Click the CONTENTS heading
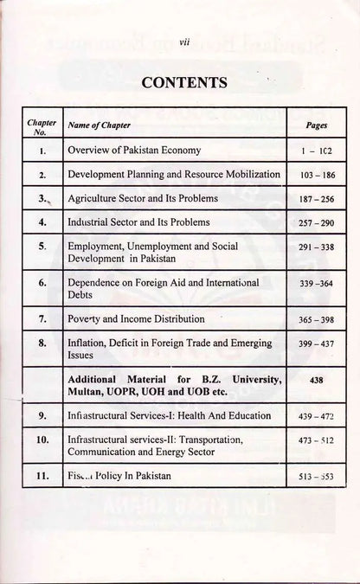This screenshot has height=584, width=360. pos(178,83)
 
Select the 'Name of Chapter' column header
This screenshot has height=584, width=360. pos(95,126)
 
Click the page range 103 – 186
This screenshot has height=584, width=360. pos(316,175)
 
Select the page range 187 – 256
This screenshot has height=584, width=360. pos(316,199)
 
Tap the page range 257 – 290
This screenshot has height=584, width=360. pos(316,223)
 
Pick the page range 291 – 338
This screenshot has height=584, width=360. pos(316,247)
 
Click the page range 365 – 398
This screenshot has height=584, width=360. pos(316,319)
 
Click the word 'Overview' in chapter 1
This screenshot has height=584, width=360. pos(89,150)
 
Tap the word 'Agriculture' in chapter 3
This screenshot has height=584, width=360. pos(93,198)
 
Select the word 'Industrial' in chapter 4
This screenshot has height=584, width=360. pos(89,222)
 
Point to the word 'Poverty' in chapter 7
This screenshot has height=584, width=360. pos(85,319)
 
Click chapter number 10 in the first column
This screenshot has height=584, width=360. pos(41,440)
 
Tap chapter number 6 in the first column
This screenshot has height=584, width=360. pos(42,283)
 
